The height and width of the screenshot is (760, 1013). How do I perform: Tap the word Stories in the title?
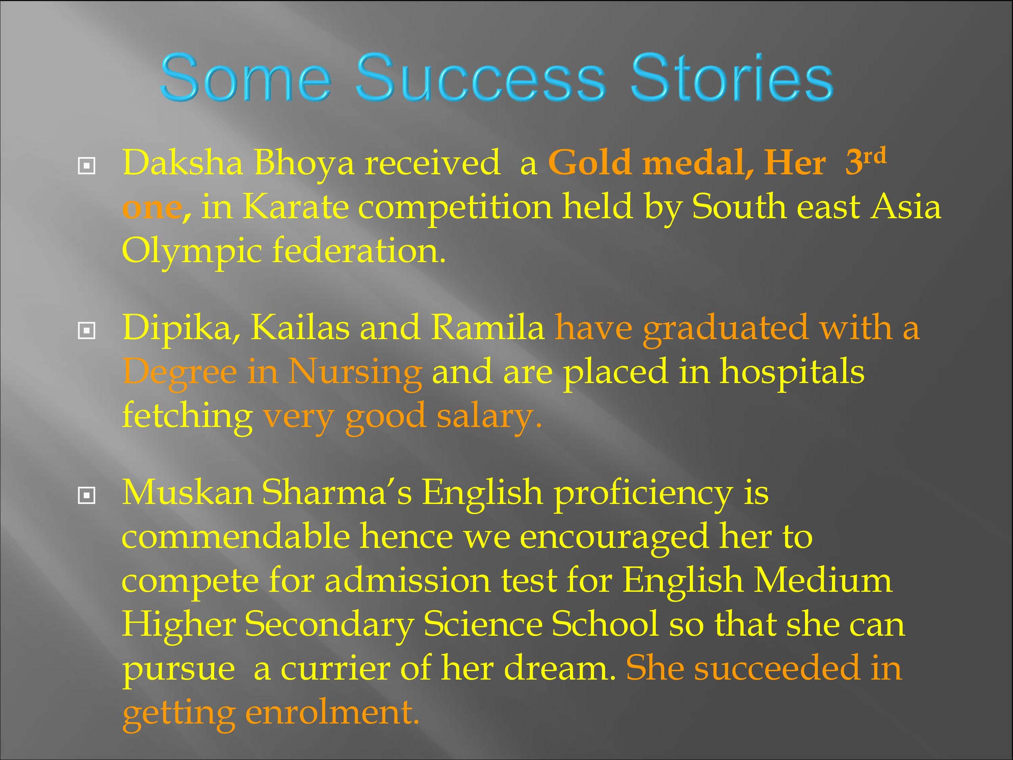tap(731, 77)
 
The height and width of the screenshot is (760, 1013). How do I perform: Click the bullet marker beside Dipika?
tap(86, 331)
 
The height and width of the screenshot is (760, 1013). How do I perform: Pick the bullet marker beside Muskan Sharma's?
tap(86, 495)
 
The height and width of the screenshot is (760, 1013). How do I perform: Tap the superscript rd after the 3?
tap(874, 156)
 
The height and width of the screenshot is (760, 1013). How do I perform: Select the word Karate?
tap(295, 207)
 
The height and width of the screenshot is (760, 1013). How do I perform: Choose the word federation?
tap(359, 251)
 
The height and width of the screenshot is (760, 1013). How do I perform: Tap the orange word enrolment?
tap(332, 712)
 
